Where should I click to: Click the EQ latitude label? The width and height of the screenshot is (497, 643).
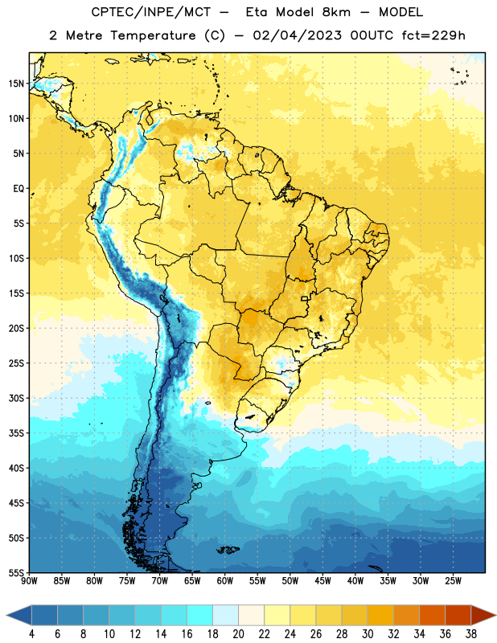coord(18,189)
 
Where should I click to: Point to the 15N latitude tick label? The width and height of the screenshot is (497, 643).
coord(16,84)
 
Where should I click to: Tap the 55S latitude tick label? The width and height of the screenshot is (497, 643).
coord(16,573)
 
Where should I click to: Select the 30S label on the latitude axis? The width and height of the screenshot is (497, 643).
coord(16,398)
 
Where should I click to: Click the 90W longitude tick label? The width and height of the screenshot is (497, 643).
coord(29,580)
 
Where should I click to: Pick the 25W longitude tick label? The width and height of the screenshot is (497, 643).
coord(453,580)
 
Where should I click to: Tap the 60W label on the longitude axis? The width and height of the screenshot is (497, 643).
coord(225,580)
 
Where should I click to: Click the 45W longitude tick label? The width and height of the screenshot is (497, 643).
coord(322,580)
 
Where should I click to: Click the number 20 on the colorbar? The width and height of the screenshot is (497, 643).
coord(238,634)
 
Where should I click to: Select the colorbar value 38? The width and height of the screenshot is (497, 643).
coord(471,634)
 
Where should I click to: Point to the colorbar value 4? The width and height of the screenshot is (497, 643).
coord(31,634)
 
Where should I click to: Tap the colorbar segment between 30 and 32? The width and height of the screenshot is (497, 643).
coord(380,615)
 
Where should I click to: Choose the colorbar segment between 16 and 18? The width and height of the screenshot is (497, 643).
coord(200,615)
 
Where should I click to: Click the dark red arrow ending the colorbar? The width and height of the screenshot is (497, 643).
coord(483,615)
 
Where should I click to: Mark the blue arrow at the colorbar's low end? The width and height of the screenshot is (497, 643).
coord(19,615)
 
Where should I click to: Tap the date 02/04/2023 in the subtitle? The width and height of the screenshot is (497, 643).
coord(297,35)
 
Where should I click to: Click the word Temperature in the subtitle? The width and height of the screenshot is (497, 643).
coord(153,36)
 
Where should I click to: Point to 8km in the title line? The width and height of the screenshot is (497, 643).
coord(336,12)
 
